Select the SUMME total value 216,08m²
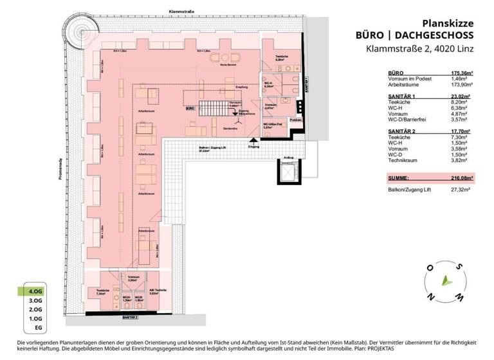pos(460,177)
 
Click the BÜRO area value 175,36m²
pos(459,73)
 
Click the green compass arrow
pos(443,279)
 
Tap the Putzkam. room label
pos(296,120)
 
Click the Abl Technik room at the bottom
pos(159,293)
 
